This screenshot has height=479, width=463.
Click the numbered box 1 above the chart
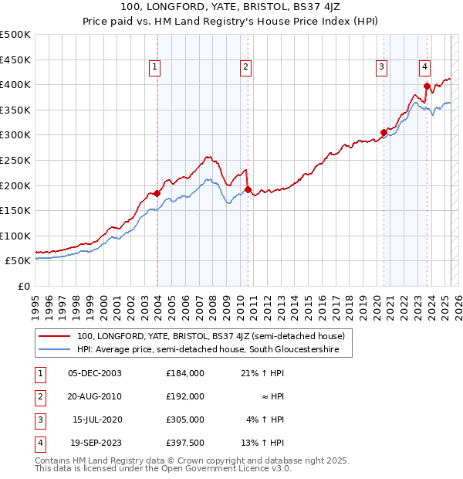pos(155,67)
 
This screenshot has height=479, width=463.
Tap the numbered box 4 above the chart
pos(424,67)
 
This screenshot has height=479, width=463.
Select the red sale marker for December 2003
pos(157,193)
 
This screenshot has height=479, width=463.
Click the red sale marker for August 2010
pos(248,189)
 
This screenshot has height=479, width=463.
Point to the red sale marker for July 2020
pos(384,132)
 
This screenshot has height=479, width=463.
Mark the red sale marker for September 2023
pos(427,85)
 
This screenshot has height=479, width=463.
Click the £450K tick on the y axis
pos(15,59)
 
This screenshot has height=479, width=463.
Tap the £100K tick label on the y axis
pos(15,236)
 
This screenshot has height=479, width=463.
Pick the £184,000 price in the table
pos(184,373)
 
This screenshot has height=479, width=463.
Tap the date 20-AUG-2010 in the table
pos(95,396)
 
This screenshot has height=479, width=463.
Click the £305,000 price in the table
pos(184,420)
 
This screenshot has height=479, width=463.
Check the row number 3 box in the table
pos(39,420)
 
